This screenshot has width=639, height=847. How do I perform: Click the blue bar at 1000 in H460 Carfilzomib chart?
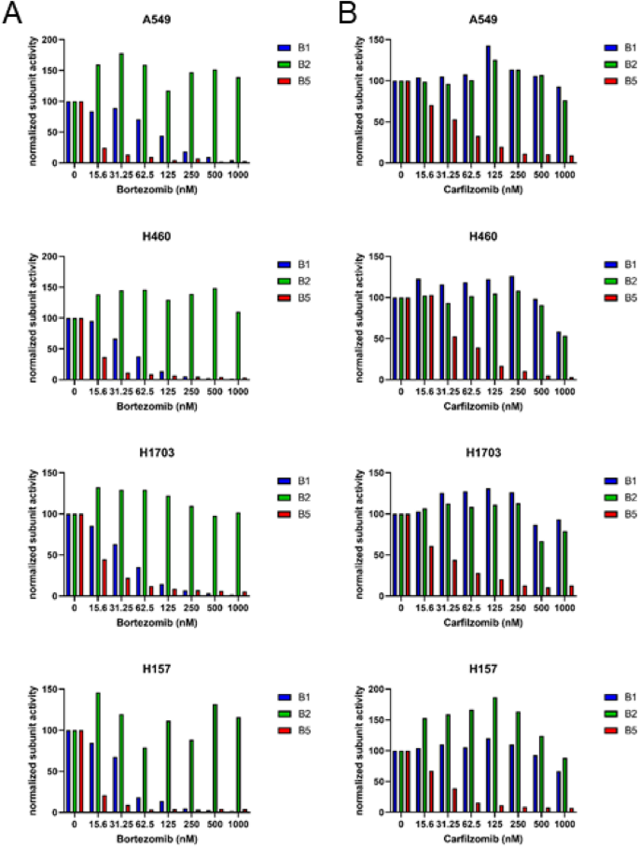pyautogui.click(x=559, y=355)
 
